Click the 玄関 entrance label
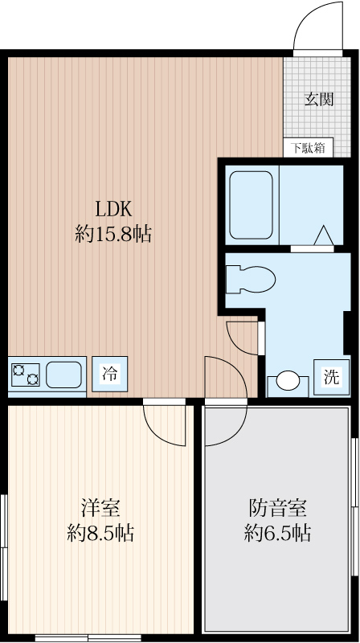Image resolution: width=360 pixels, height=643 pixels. click(x=318, y=100)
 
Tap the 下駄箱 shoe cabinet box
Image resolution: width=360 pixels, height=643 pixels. click(x=308, y=148)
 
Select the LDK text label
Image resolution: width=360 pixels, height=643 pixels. click(x=113, y=211)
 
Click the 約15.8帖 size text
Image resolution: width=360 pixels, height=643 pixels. click(x=113, y=235)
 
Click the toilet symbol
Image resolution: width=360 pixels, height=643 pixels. click(x=251, y=279)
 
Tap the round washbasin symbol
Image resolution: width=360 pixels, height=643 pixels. click(x=285, y=381)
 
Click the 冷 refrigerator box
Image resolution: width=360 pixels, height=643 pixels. click(x=108, y=374)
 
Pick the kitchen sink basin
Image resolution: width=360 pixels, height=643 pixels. click(x=64, y=375)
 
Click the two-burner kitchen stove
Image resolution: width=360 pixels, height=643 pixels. click(x=25, y=375)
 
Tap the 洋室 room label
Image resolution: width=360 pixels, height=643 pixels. click(x=100, y=508)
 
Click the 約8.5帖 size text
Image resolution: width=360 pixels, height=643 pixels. click(x=100, y=532)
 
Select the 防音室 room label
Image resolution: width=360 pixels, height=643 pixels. click(x=277, y=508)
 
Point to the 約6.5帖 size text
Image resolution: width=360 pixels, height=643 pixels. click(x=277, y=532)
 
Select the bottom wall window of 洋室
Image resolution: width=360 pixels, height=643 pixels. click(x=76, y=638)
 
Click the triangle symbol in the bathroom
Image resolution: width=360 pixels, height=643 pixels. click(x=324, y=235)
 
